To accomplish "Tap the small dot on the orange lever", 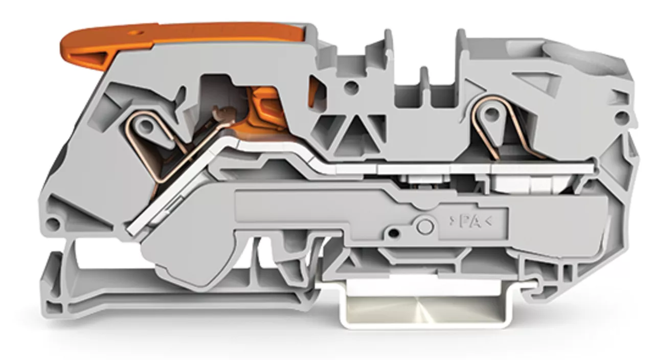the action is point(134,32).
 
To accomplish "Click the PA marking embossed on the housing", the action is point(470,222).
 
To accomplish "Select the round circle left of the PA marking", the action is point(425,226).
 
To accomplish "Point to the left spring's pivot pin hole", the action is point(145,126).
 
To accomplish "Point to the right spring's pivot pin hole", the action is point(491,112).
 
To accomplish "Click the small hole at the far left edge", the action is point(53,223).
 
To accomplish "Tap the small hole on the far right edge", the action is point(622,118).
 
